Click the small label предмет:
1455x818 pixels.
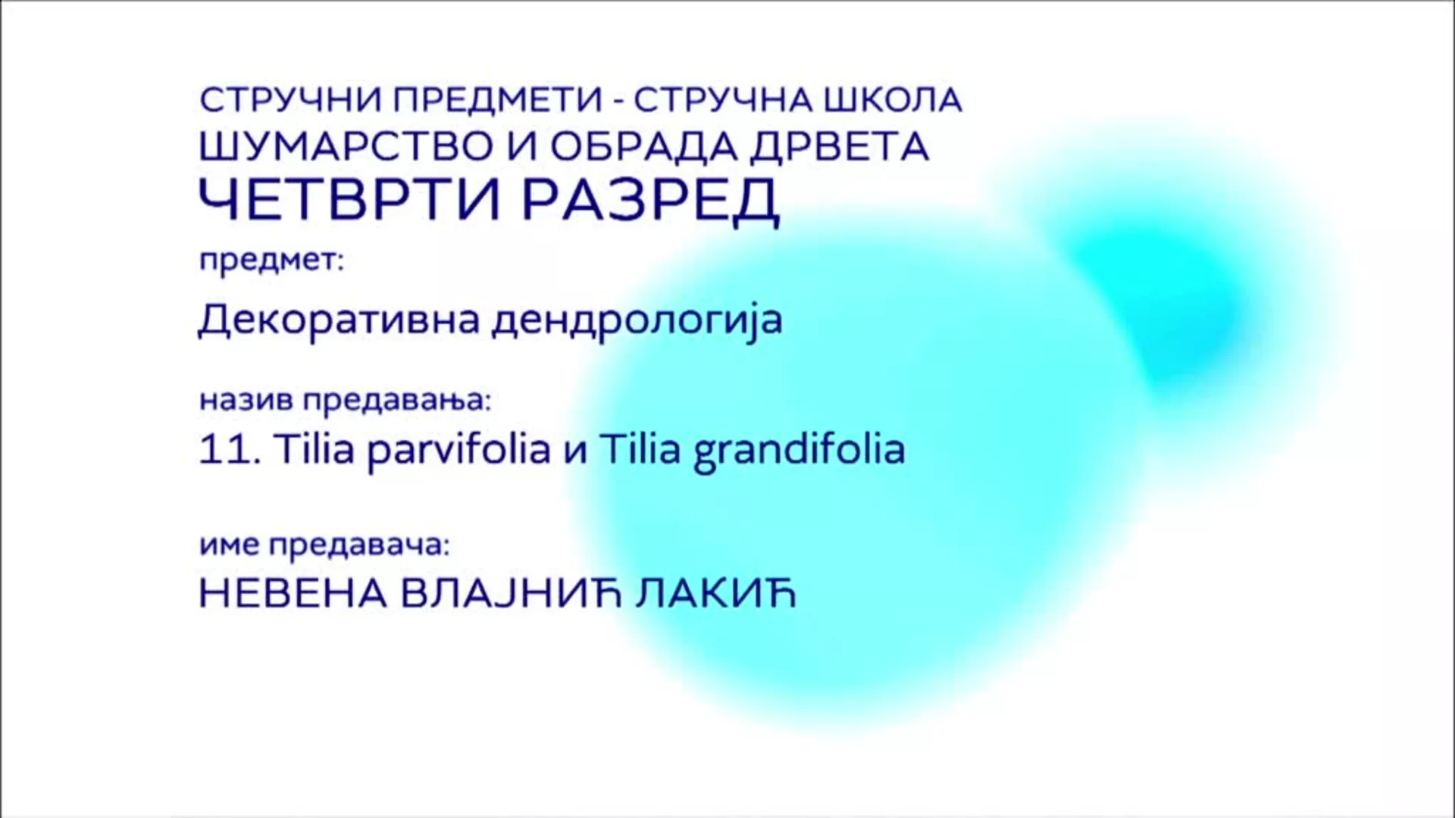tap(272, 261)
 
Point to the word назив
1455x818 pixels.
tap(246, 400)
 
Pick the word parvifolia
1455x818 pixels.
tap(458, 451)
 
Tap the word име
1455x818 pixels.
tap(230, 545)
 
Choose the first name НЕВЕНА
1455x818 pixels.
tap(292, 594)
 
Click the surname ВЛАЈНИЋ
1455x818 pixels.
tap(510, 594)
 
